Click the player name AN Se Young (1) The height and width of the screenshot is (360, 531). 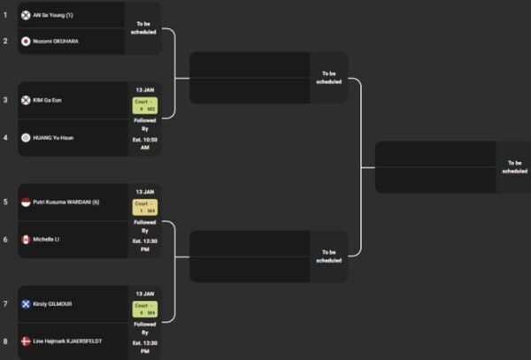click(x=53, y=15)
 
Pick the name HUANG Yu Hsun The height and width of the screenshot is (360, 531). click(x=53, y=137)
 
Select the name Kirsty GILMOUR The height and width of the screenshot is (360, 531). click(x=53, y=303)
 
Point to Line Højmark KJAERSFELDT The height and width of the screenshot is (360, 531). click(x=67, y=341)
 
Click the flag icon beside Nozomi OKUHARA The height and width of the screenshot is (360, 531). click(x=26, y=41)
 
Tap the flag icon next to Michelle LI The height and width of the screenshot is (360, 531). click(x=26, y=239)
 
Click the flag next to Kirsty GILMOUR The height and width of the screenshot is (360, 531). click(x=26, y=303)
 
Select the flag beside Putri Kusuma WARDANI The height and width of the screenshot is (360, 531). click(x=26, y=202)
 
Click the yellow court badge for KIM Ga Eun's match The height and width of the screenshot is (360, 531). click(x=144, y=105)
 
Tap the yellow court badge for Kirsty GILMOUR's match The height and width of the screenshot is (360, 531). click(x=144, y=308)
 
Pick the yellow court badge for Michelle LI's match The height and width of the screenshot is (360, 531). click(x=144, y=207)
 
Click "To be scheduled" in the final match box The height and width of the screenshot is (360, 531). click(x=514, y=166)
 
